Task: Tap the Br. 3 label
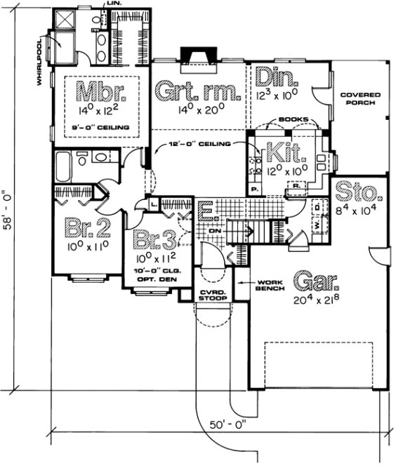pos(155,241)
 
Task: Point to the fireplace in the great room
pos(199,56)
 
